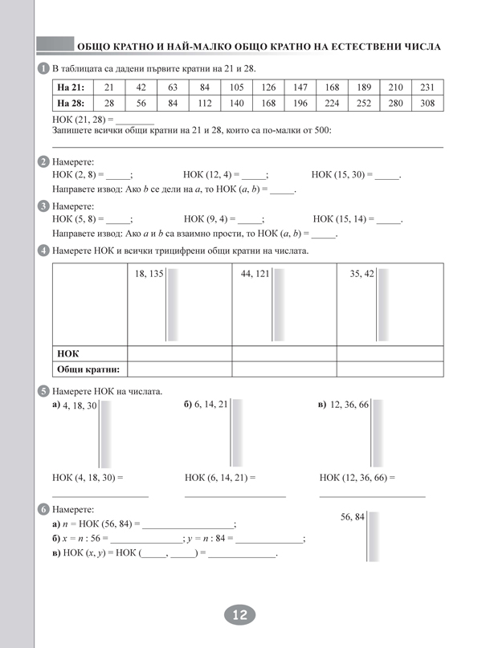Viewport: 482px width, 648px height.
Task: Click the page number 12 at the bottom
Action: [x=239, y=616]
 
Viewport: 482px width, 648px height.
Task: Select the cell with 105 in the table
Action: [x=236, y=87]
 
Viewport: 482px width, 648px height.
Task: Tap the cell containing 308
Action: [x=427, y=103]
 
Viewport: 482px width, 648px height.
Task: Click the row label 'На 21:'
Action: [x=71, y=87]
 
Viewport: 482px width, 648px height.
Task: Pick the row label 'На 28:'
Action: [x=71, y=103]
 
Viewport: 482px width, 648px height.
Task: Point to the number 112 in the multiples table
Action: [x=204, y=103]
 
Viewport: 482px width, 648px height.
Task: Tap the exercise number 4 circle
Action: [x=43, y=251]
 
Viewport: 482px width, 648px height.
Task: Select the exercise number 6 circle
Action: [x=43, y=509]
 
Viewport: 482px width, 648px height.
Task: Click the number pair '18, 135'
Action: [x=149, y=274]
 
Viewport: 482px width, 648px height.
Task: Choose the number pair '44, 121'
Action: [x=255, y=274]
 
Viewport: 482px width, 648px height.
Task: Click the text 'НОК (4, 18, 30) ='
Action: [x=88, y=477]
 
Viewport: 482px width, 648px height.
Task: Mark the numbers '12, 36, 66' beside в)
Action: [x=349, y=405]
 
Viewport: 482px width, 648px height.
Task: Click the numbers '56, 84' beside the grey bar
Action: [x=353, y=516]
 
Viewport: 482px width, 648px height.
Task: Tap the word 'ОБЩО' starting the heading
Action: [x=93, y=47]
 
